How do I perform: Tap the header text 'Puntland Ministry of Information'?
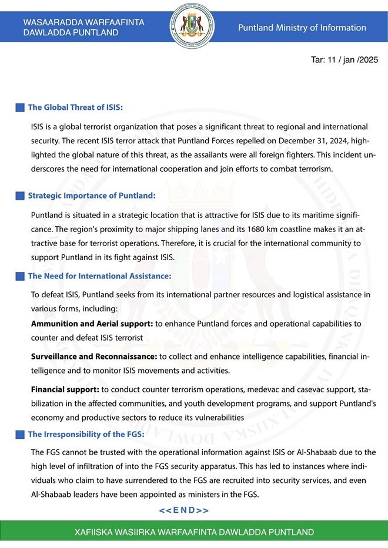(302, 28)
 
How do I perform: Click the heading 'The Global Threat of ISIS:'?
(75, 107)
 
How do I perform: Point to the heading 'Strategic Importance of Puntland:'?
(92, 195)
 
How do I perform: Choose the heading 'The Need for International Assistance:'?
(99, 275)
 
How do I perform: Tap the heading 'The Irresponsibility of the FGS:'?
(86, 435)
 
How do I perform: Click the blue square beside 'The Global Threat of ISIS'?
(19, 107)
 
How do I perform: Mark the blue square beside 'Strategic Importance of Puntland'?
(19, 196)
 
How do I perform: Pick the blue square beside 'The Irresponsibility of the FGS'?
(19, 435)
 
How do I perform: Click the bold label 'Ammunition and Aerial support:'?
(92, 324)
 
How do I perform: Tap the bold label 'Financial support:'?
(65, 389)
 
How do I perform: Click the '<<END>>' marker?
(184, 510)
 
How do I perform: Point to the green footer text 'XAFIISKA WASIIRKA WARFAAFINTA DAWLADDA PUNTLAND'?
(194, 533)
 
